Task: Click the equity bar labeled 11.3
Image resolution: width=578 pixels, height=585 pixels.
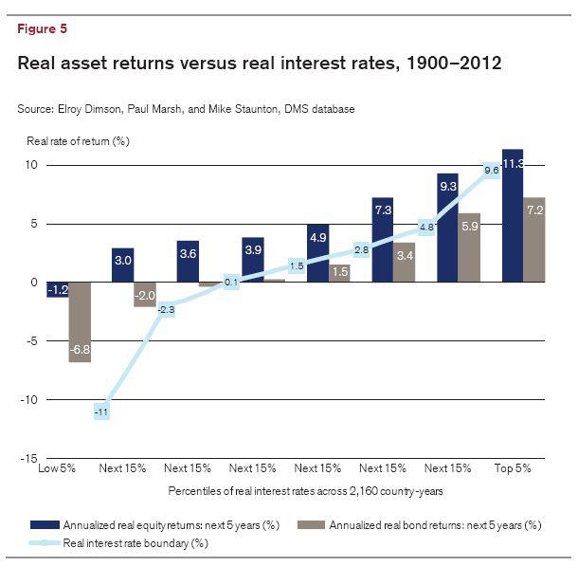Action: pyautogui.click(x=513, y=216)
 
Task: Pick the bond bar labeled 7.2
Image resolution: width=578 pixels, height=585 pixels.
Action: pyautogui.click(x=534, y=240)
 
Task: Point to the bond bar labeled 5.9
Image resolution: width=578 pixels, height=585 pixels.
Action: pyautogui.click(x=469, y=247)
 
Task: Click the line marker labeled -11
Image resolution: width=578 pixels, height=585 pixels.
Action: pyautogui.click(x=101, y=411)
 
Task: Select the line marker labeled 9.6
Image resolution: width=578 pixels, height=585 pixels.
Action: pyautogui.click(x=491, y=171)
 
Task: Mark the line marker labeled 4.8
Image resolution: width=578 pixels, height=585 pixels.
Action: pyautogui.click(x=426, y=228)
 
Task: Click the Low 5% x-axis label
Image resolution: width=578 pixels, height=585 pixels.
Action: pyautogui.click(x=56, y=468)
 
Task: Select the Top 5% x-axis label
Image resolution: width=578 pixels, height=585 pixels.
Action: pyautogui.click(x=512, y=468)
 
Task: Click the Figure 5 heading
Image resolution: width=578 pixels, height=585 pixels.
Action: pyautogui.click(x=42, y=28)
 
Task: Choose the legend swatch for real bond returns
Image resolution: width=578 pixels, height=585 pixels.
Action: pyautogui.click(x=310, y=524)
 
